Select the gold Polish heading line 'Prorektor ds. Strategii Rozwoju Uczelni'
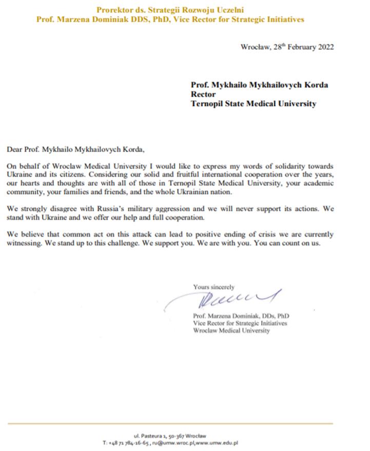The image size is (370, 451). coord(170,10)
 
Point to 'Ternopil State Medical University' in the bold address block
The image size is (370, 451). coord(254,104)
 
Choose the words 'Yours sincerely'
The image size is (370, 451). coord(213,287)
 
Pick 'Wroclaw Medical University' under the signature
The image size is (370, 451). coord(231,331)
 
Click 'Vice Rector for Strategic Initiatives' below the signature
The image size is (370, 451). coord(240,323)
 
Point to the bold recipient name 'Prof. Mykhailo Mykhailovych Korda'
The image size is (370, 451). coord(259,85)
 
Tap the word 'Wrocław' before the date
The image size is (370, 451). coord(255,47)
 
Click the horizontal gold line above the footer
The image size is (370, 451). coord(170,424)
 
